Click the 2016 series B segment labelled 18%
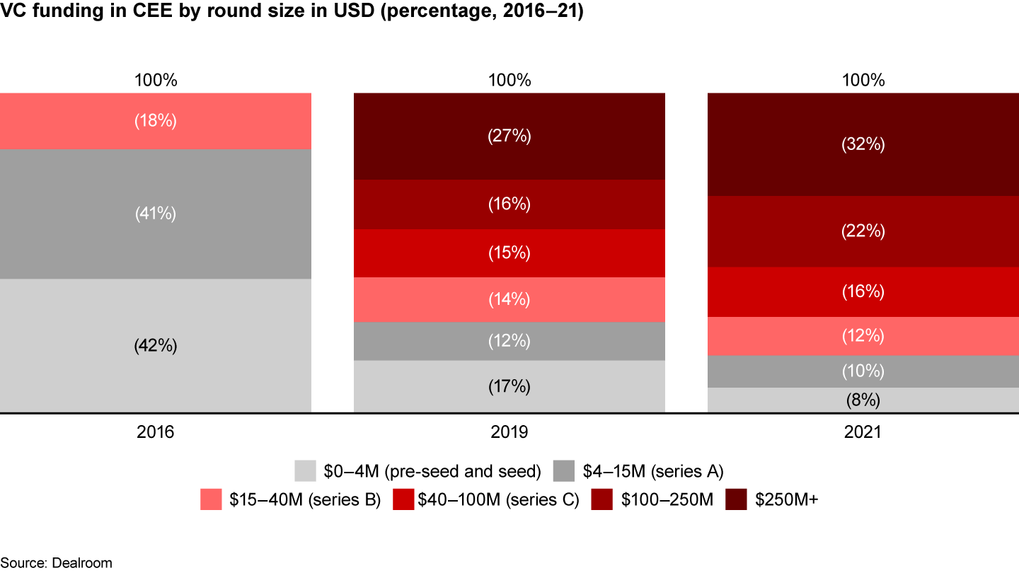pos(156,121)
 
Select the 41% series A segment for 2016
pos(156,214)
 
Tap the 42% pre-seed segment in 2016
pos(156,346)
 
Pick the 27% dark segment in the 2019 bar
pos(509,136)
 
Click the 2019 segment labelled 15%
pos(509,253)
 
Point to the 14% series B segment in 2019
pos(509,299)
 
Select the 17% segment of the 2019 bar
pos(509,386)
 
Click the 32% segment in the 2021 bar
pos(863,144)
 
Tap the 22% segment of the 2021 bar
pos(863,231)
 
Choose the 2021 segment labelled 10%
pos(863,371)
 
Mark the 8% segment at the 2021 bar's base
pos(863,400)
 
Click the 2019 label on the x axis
pos(509,432)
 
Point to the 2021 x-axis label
pos(863,432)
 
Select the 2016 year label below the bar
pos(156,432)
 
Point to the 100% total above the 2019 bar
pos(509,80)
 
